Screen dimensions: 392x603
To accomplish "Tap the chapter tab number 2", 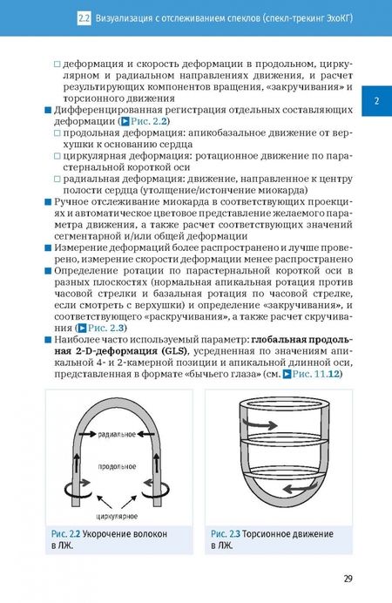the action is pyautogui.click(x=377, y=101).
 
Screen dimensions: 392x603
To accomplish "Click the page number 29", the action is pyautogui.click(x=347, y=577).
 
